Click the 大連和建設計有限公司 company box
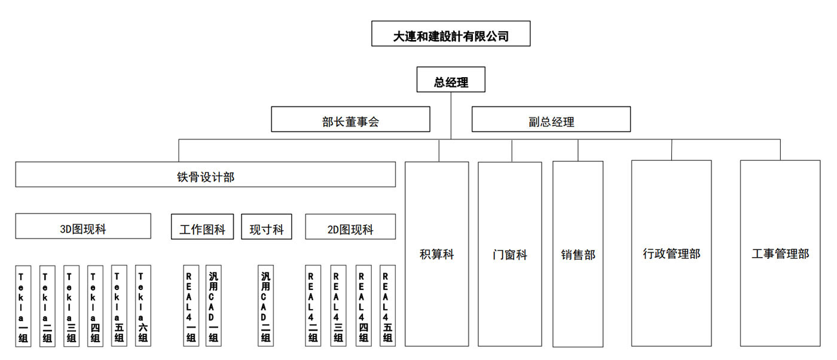pyautogui.click(x=451, y=33)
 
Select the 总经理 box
pyautogui.click(x=451, y=80)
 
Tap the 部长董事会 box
pyautogui.click(x=350, y=119)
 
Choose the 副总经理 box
pyautogui.click(x=551, y=119)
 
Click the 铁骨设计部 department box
pyautogui.click(x=206, y=174)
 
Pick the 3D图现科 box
pyautogui.click(x=83, y=226)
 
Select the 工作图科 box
pyautogui.click(x=202, y=227)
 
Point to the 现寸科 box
pyautogui.click(x=267, y=227)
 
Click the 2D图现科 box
pyautogui.click(x=350, y=227)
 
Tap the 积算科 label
pyautogui.click(x=437, y=255)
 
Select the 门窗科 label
pyautogui.click(x=509, y=255)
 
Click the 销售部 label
pyautogui.click(x=578, y=255)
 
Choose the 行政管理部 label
pyautogui.click(x=671, y=254)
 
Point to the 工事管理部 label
pyautogui.click(x=780, y=254)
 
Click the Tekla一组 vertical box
pyautogui.click(x=23, y=306)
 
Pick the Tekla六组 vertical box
pyautogui.click(x=143, y=306)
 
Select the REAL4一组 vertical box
pyautogui.click(x=191, y=306)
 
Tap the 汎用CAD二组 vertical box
pyautogui.click(x=265, y=306)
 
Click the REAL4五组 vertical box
pyautogui.click(x=387, y=306)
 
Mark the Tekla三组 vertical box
pyautogui.click(x=71, y=306)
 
